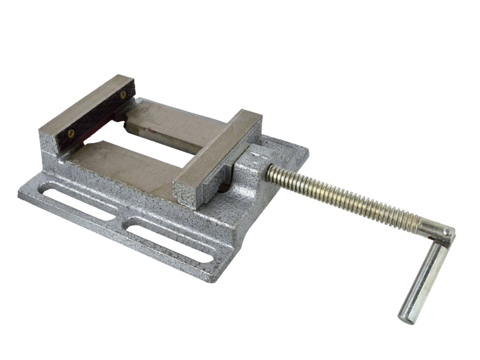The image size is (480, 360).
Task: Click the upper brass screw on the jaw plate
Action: coord(124,94)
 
